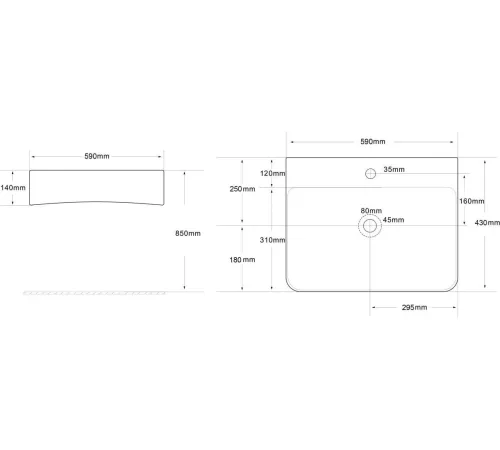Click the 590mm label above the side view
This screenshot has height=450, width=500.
(x=97, y=156)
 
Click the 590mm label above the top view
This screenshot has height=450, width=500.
(x=373, y=142)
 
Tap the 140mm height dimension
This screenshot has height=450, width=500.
(x=13, y=188)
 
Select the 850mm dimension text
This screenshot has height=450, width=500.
(x=188, y=233)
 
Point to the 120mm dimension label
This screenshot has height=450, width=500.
(x=273, y=173)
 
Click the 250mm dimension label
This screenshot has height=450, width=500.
(x=242, y=189)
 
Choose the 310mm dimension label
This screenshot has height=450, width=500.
(x=273, y=240)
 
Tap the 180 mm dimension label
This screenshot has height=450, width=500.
(x=242, y=260)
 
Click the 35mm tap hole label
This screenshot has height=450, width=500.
(x=394, y=169)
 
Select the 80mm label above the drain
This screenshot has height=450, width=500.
(x=371, y=211)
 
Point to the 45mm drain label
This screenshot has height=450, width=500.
(x=393, y=220)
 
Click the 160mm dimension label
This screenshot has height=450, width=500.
(x=472, y=201)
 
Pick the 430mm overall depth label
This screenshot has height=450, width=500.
(x=487, y=223)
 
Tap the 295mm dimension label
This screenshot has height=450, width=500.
(x=414, y=307)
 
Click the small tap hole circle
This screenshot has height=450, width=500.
(x=370, y=174)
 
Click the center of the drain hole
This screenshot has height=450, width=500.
(x=370, y=226)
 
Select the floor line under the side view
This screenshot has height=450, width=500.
(x=94, y=293)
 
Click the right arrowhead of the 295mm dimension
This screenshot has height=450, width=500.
(x=454, y=307)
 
